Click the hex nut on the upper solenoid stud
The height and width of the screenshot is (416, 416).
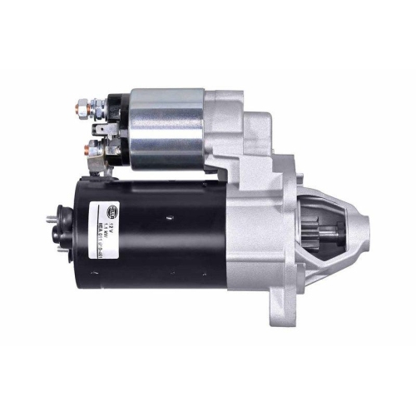tap(84, 106)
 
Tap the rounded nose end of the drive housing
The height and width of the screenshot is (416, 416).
tap(359, 220)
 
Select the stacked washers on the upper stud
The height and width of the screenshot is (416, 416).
tap(98, 105)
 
